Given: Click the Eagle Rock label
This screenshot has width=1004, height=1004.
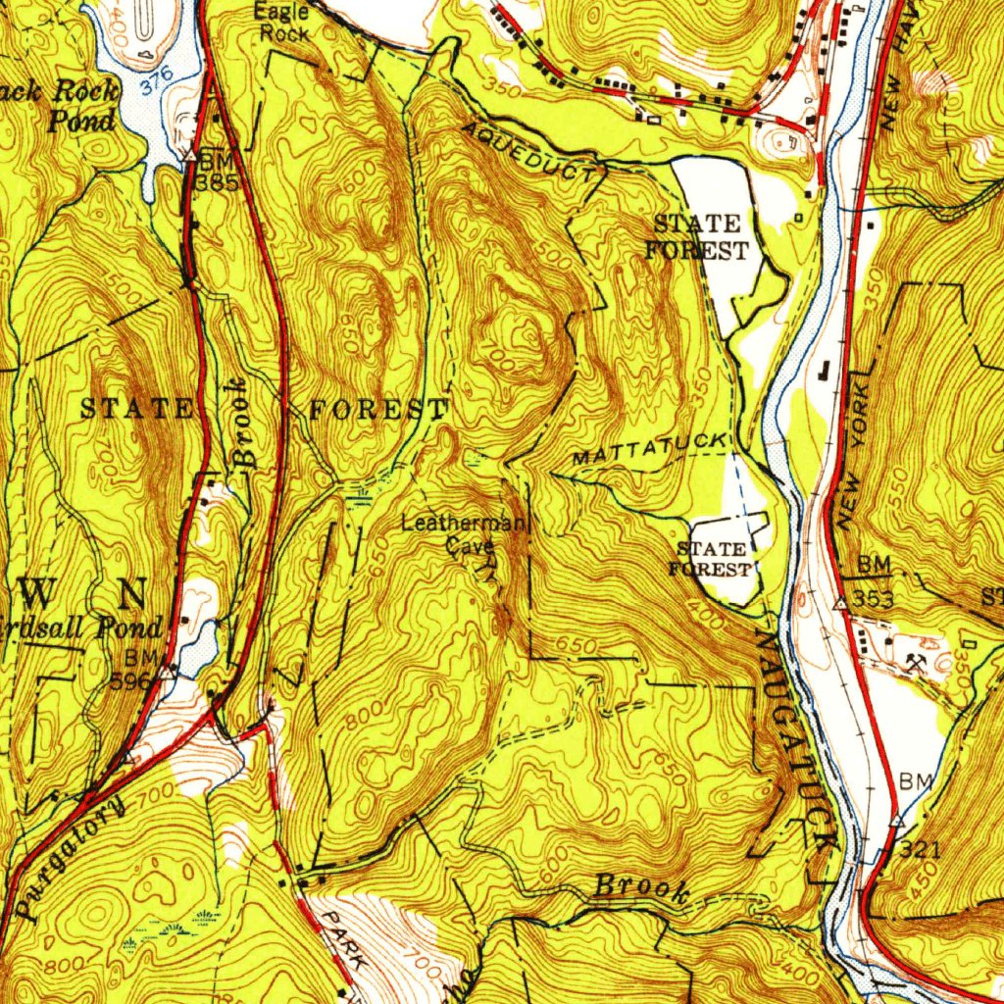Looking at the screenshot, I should click(281, 23).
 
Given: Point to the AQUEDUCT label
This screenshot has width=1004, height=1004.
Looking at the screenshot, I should click(529, 152).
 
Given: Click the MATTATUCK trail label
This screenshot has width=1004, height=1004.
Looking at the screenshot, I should click(649, 449).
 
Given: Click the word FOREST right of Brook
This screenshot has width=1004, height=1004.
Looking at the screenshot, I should click(378, 410).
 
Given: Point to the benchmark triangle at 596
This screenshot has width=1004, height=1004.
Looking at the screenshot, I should click(168, 673).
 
